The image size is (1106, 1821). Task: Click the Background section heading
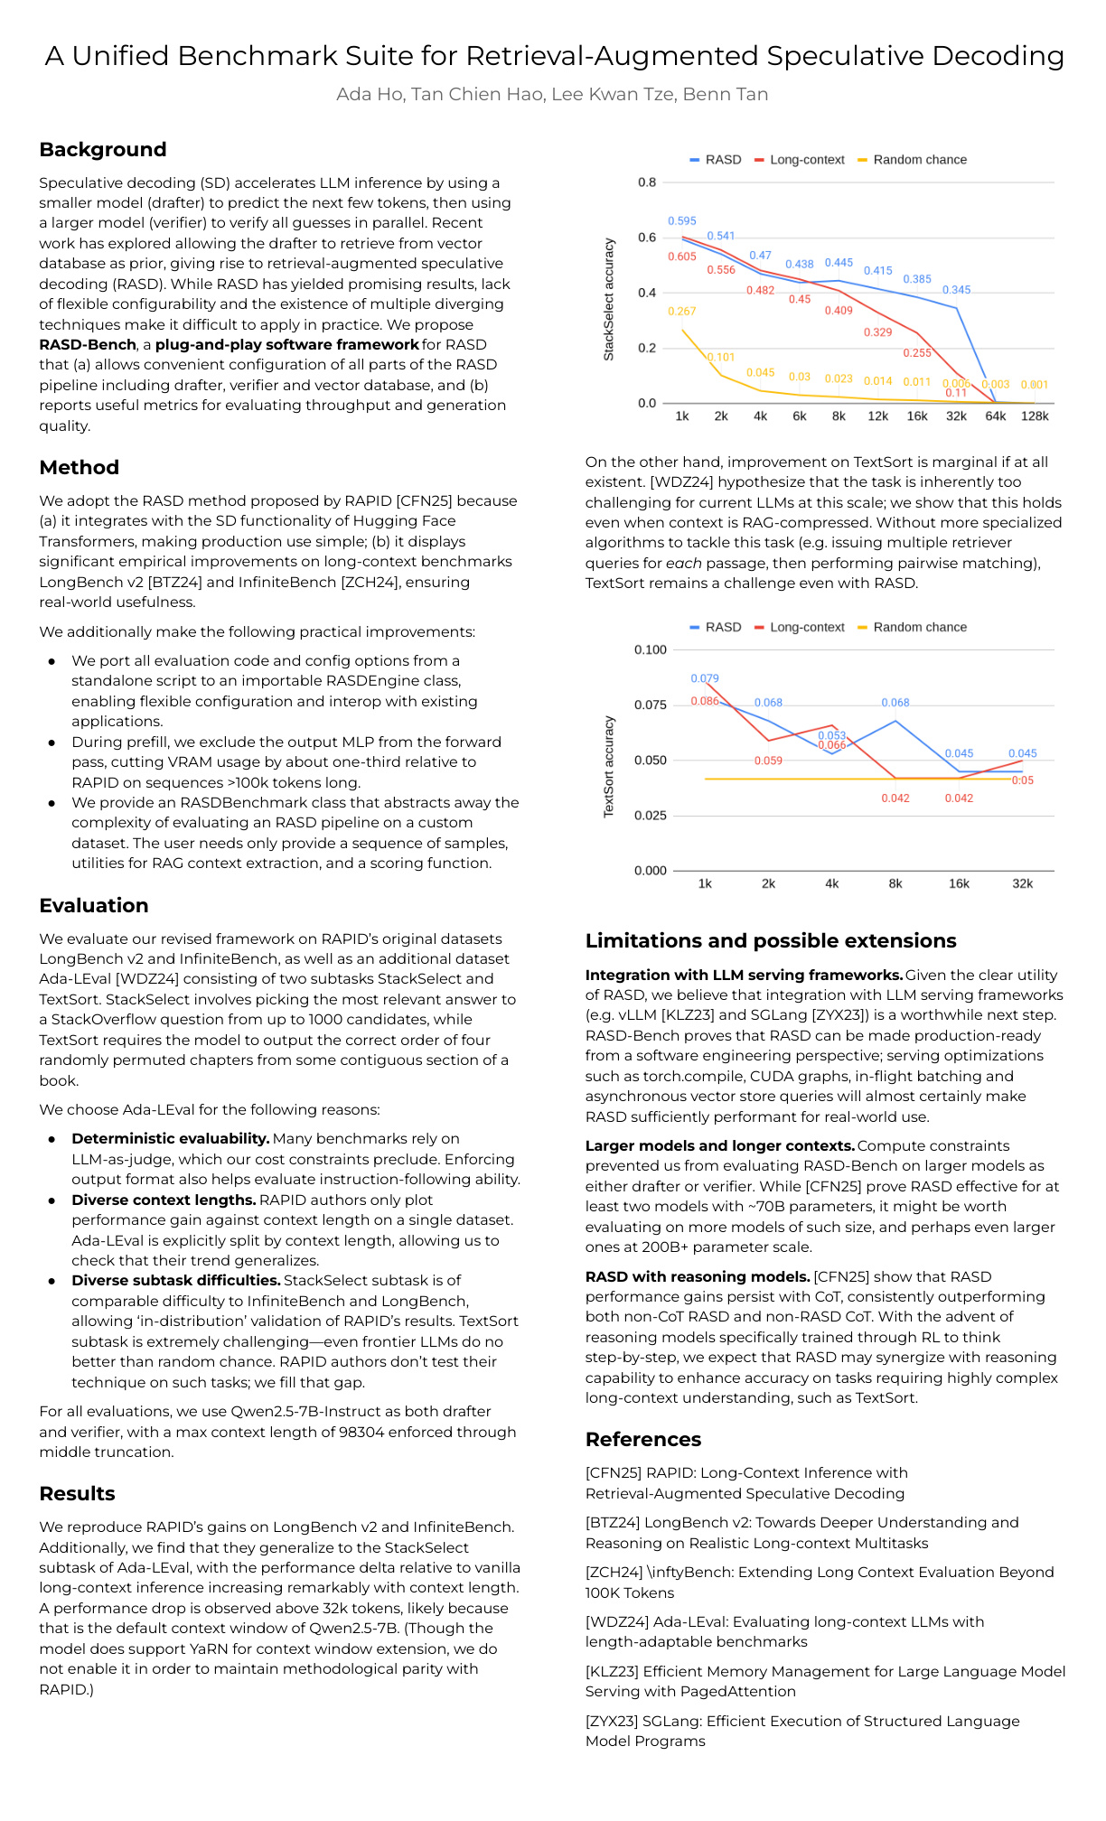[103, 150]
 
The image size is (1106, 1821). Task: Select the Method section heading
[80, 468]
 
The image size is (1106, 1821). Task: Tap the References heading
[643, 1440]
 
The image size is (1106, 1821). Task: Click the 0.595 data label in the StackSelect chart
[682, 221]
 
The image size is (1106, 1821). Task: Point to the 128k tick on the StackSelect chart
[1035, 416]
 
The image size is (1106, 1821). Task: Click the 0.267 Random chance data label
[682, 312]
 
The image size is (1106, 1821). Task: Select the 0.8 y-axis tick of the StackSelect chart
[647, 182]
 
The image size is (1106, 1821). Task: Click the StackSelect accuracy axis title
[609, 300]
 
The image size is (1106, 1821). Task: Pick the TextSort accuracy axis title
[609, 767]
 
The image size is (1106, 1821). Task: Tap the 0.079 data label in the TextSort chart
[705, 678]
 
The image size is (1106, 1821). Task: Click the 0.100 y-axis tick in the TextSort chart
[651, 649]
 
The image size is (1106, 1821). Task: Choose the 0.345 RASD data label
[957, 290]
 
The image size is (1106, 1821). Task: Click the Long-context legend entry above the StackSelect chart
[806, 160]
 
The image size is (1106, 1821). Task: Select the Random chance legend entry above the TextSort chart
[919, 627]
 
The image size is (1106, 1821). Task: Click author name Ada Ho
[370, 95]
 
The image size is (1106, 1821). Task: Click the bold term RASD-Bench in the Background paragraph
[88, 345]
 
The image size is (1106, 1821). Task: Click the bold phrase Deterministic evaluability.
[171, 1139]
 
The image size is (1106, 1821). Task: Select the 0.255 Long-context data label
[917, 353]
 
